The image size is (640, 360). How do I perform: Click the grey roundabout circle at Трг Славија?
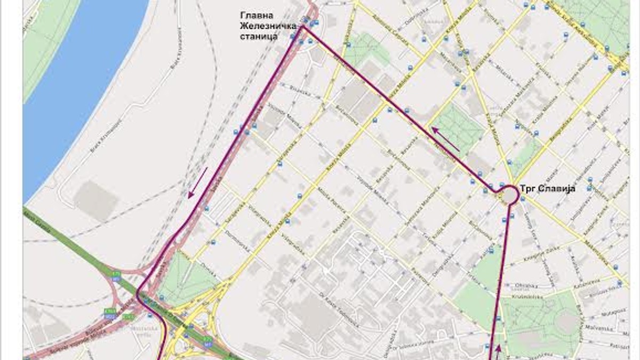coord(509,195)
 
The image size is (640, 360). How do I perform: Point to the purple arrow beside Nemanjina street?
coord(446,139)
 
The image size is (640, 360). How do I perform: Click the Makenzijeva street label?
coord(598,251)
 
